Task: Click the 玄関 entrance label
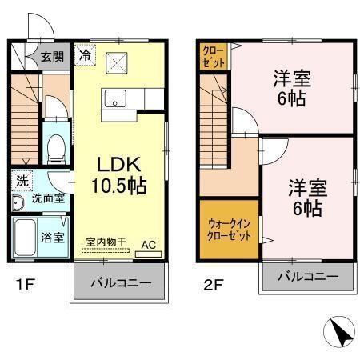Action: (x=54, y=57)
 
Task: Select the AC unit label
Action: (x=148, y=243)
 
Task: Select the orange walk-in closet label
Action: (x=229, y=231)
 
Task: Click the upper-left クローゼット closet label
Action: (x=214, y=55)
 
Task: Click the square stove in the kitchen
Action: (x=116, y=60)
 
